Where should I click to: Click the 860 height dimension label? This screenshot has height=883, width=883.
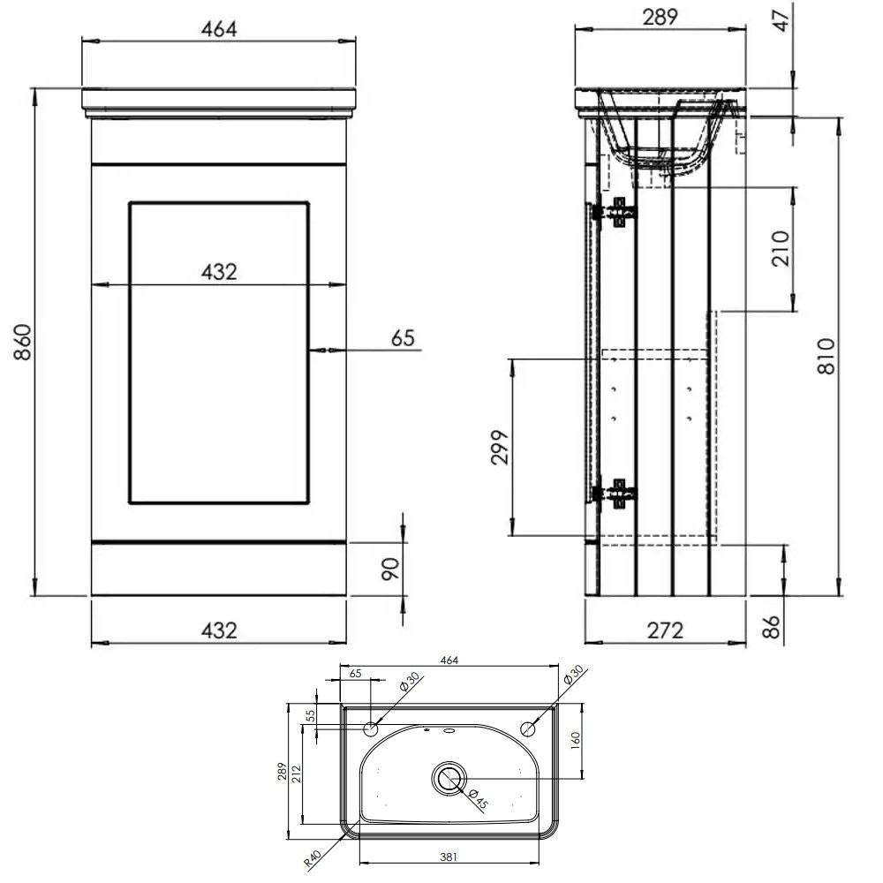tap(23, 342)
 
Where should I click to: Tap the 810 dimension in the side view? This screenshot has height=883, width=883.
tap(826, 356)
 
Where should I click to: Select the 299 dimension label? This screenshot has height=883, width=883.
tap(500, 447)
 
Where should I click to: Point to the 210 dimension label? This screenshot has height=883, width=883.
tap(781, 248)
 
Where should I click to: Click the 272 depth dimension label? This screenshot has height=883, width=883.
tap(665, 630)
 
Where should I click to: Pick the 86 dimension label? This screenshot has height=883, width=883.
tap(771, 626)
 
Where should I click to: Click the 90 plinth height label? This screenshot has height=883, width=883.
tap(390, 569)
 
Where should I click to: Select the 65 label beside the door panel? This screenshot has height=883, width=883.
tap(403, 338)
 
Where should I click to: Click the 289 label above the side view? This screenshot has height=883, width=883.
tap(660, 18)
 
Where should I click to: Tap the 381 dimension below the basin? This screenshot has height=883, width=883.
tap(449, 857)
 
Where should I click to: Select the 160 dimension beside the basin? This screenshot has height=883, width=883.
tap(575, 741)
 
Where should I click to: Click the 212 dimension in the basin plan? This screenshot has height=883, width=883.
tap(297, 774)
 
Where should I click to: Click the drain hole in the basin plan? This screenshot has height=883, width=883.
tap(449, 779)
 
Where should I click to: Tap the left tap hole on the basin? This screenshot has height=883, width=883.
tap(371, 729)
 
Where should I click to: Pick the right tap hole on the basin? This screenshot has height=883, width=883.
tap(528, 729)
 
